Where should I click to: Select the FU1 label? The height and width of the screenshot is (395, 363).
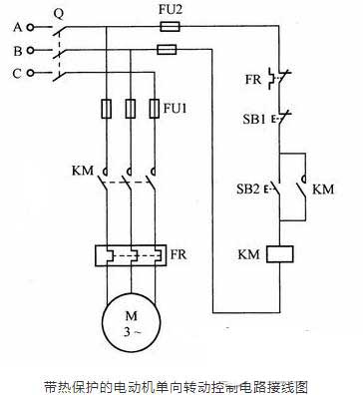coord(175,105)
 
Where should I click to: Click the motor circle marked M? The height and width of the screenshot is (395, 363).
coord(128,320)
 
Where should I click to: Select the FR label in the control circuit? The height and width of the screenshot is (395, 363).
coord(254,77)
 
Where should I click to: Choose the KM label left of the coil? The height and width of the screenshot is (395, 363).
coord(248,255)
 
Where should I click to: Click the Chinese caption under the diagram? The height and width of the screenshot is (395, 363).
coord(180,383)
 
